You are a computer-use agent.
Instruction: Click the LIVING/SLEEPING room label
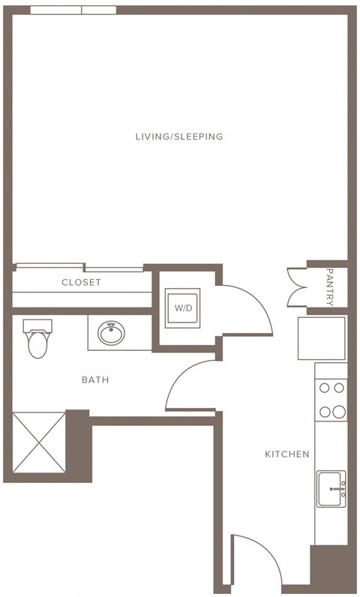coord(179,136)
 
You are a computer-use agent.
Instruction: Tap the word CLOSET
coord(81,283)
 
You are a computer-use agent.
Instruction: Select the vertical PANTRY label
coord(330,287)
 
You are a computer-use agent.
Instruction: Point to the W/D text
coord(182,308)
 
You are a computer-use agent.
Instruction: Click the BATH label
coord(95,380)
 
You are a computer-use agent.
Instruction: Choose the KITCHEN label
coord(286,454)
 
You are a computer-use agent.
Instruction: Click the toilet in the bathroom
coord(37,339)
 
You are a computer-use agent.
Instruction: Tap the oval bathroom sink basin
coord(112,333)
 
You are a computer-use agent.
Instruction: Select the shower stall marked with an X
coord(39,447)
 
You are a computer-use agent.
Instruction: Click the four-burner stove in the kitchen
coord(330,400)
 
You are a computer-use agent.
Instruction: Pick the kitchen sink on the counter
coord(330,488)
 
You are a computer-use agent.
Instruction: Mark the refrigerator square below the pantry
coord(322,338)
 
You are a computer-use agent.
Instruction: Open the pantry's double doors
coord(295,287)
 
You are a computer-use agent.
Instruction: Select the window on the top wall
coord(73,10)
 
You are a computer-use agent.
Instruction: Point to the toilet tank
coord(37,325)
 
